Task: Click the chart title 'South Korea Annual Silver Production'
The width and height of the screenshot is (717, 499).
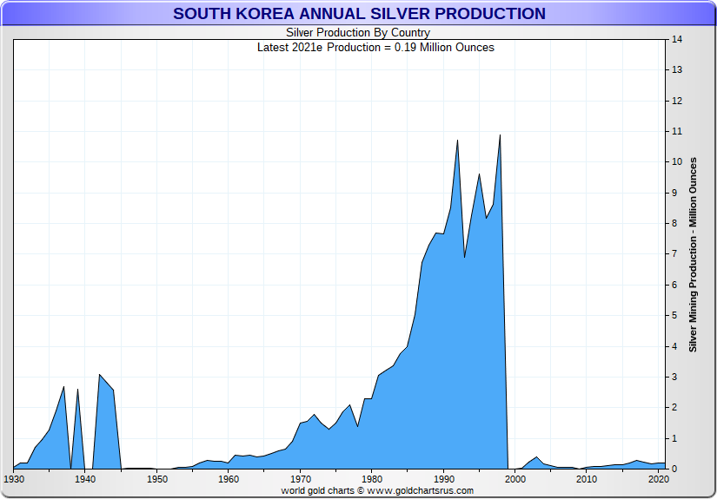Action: point(359,14)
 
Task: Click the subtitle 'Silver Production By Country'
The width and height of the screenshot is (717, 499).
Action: point(358,33)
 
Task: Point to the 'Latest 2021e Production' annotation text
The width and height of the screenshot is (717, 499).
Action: point(375,47)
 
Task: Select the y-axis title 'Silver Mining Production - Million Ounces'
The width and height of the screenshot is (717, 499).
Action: point(693,254)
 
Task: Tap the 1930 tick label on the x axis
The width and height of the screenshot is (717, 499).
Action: point(13,479)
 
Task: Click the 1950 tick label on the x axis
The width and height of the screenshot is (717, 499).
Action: point(156,479)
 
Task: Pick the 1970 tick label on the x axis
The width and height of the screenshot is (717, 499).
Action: point(300,479)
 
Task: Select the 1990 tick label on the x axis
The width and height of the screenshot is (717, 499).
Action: point(443,479)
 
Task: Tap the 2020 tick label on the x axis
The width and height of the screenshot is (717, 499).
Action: point(658,479)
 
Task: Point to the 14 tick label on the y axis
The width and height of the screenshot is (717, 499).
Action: point(675,39)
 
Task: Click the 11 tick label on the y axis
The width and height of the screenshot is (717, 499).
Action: point(675,131)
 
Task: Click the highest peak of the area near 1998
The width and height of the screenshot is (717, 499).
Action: point(500,135)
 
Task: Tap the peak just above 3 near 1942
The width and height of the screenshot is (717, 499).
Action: point(99,375)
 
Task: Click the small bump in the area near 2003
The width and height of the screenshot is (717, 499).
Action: point(536,457)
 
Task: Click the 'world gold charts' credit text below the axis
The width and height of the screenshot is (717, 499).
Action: point(376,490)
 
